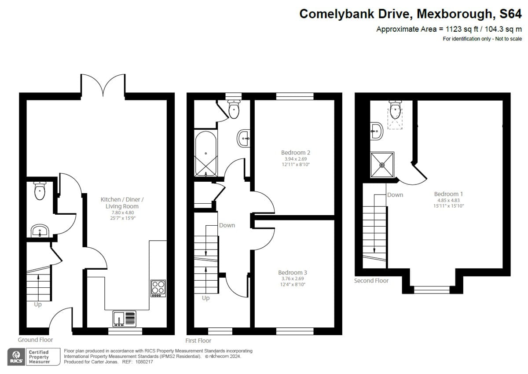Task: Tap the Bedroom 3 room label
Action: coord(293,272)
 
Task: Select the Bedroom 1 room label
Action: coord(448,194)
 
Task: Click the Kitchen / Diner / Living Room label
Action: coord(122,203)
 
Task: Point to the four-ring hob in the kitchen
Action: coord(158,288)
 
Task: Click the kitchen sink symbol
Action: coord(125,318)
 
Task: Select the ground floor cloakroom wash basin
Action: coord(40,231)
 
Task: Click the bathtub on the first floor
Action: coord(205,153)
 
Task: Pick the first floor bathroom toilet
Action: coord(234,109)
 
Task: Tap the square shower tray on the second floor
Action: coord(382,165)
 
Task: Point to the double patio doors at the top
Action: coord(103,85)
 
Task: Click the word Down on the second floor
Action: coord(395,195)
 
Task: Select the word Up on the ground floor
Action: coord(38,304)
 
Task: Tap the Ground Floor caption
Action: coord(35,340)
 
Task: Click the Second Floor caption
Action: coord(371,281)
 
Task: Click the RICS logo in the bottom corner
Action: coord(16,356)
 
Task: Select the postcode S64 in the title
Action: coord(511,14)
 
